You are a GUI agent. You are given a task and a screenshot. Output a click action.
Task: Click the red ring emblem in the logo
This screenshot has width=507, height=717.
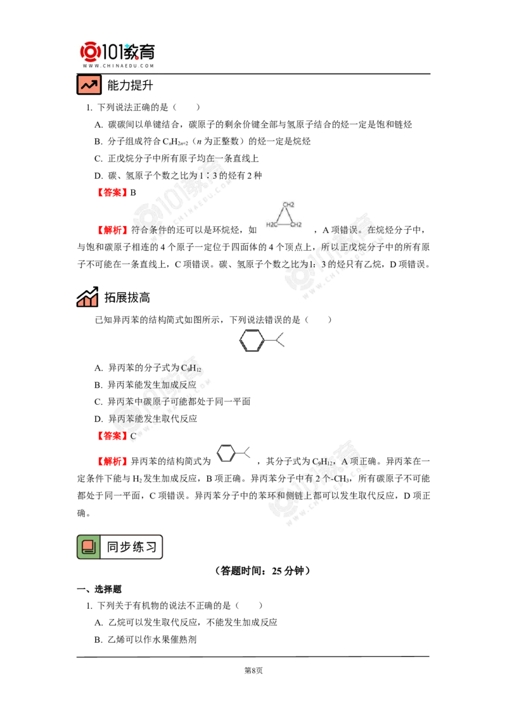tap(91, 51)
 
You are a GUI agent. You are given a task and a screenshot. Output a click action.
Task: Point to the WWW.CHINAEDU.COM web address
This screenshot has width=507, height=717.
tap(119, 65)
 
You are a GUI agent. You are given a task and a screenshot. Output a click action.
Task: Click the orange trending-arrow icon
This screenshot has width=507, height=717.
tap(89, 85)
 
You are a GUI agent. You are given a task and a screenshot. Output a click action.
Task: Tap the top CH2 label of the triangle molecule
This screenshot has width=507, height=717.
tap(288, 205)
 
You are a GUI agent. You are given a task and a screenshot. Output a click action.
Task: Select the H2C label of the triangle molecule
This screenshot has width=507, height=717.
tap(272, 225)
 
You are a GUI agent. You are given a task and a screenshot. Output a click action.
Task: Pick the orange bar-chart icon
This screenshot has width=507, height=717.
tap(87, 301)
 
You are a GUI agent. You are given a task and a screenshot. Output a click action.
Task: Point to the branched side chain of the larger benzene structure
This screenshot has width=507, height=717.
tap(279, 339)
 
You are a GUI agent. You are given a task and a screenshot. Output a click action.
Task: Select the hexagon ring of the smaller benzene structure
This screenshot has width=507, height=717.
tap(226, 453)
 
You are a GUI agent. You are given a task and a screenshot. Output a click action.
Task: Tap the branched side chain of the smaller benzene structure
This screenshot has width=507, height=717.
tap(247, 453)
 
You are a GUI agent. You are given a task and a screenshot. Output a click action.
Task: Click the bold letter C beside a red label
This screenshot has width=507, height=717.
tap(133, 436)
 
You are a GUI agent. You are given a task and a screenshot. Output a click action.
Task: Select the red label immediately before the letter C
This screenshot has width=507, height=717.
tap(112, 436)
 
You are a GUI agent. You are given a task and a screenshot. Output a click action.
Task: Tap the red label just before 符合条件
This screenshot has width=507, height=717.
tap(113, 231)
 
